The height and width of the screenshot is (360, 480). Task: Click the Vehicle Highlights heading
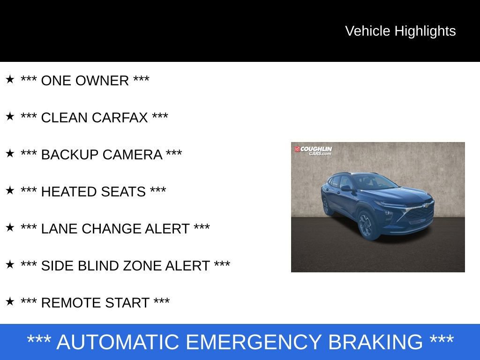400,31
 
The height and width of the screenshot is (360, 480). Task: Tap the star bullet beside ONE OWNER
10,79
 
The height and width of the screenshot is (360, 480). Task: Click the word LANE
57,229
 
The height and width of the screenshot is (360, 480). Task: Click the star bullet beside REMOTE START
10,301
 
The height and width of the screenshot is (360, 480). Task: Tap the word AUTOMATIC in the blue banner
118,342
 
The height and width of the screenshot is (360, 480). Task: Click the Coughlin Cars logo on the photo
313,150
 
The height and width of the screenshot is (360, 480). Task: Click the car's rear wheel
326,206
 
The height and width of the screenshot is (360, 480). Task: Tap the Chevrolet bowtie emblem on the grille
425,205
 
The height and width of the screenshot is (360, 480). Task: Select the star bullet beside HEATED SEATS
10,190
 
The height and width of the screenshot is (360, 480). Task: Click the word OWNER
102,81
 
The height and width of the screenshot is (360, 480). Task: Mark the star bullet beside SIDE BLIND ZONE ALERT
10,264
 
